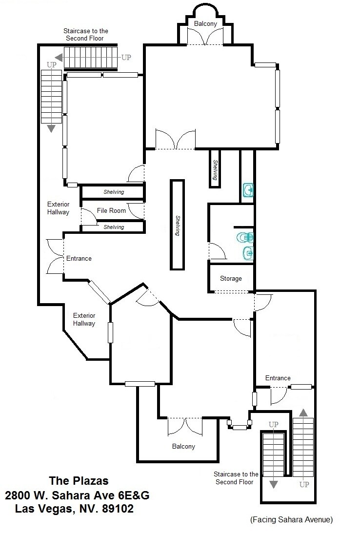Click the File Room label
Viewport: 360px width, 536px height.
pyautogui.click(x=111, y=210)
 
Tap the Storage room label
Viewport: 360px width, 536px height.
pyautogui.click(x=231, y=279)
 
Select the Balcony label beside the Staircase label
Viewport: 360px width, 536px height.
pyautogui.click(x=183, y=446)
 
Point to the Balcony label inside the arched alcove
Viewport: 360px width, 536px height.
pyautogui.click(x=206, y=23)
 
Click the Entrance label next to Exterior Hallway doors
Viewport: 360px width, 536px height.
pyautogui.click(x=79, y=258)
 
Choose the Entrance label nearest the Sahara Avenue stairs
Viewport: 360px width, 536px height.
pyautogui.click(x=278, y=378)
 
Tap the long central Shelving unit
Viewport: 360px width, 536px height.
pyautogui.click(x=177, y=225)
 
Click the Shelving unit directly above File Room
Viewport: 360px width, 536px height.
pyautogui.click(x=113, y=192)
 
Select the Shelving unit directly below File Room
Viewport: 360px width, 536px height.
pyautogui.click(x=113, y=227)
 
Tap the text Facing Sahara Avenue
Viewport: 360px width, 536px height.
pyautogui.click(x=291, y=520)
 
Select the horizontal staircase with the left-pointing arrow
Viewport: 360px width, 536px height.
pyautogui.click(x=91, y=57)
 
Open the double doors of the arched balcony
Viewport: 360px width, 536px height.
pyautogui.click(x=206, y=36)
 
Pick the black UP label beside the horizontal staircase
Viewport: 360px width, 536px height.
pyautogui.click(x=126, y=57)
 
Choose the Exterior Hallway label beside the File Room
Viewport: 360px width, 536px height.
pyautogui.click(x=58, y=208)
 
